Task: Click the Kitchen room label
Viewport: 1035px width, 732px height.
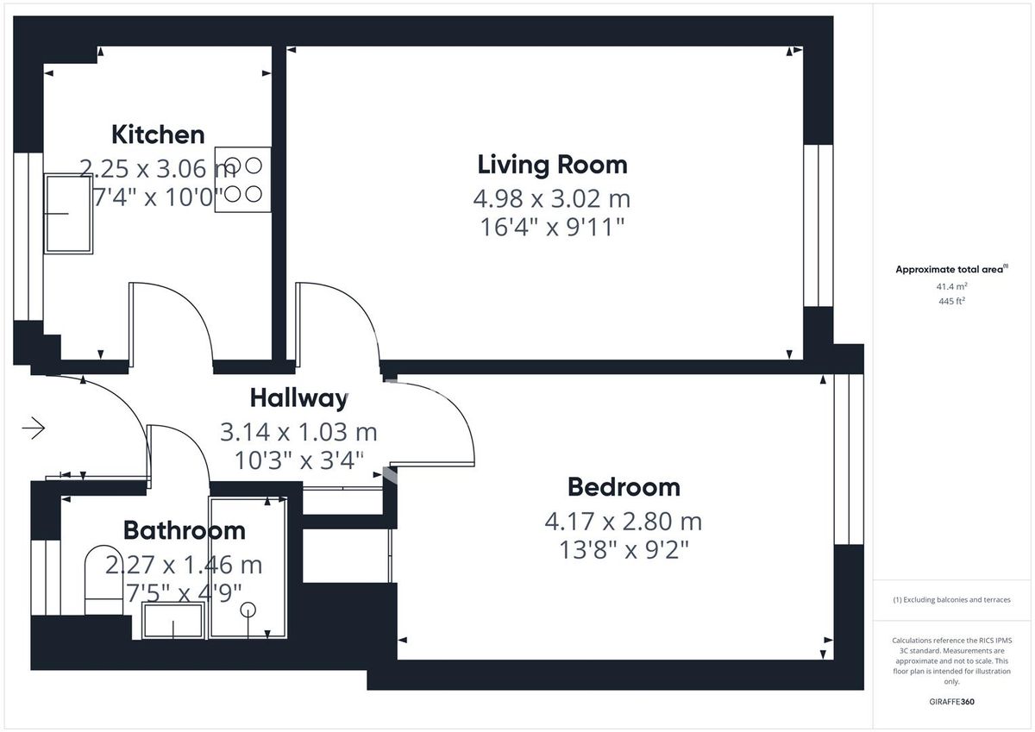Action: (158, 135)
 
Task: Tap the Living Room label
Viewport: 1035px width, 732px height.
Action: (552, 164)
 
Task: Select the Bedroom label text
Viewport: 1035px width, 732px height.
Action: (624, 487)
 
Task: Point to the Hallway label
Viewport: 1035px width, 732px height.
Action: (298, 398)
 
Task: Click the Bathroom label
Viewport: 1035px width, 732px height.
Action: (184, 530)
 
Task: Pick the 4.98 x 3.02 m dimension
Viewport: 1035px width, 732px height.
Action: (552, 199)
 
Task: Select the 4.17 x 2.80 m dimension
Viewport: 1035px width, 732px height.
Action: (624, 522)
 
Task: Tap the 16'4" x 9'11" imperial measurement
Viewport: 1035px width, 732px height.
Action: (552, 228)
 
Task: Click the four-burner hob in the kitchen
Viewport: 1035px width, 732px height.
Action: (242, 179)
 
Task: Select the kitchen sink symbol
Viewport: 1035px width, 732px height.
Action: (68, 214)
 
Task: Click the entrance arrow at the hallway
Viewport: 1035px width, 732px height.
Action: (34, 428)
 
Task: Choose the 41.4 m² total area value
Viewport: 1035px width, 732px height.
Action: (951, 285)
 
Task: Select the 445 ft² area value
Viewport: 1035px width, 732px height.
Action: (951, 301)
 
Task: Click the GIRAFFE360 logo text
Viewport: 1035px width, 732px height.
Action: (951, 702)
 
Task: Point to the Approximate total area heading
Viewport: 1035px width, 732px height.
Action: (950, 270)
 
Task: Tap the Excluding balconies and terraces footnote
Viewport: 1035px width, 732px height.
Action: (951, 600)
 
